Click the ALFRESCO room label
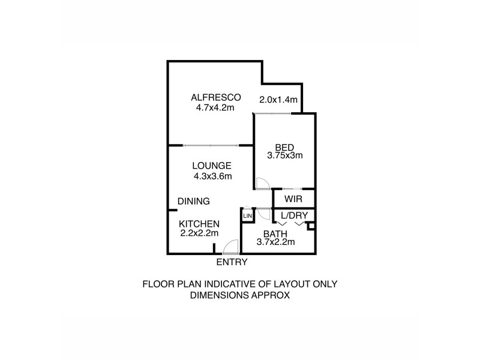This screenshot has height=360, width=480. (215, 97)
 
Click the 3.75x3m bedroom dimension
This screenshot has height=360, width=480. (284, 155)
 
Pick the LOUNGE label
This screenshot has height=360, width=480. (212, 166)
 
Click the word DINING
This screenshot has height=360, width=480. (193, 201)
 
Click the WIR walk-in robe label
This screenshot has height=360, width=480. (293, 198)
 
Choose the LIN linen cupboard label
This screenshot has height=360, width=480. (247, 215)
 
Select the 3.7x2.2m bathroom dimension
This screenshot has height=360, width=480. (277, 242)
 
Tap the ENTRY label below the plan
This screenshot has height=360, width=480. (232, 262)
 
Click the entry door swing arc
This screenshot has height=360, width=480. (229, 247)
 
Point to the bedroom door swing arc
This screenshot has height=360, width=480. (262, 182)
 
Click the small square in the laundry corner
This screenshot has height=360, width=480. (310, 226)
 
